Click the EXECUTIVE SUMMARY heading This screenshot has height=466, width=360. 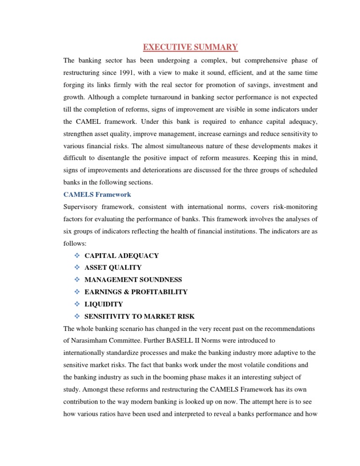[x=190, y=47]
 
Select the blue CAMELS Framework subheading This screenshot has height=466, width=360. [x=97, y=194]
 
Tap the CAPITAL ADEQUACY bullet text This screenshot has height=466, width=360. [x=121, y=256]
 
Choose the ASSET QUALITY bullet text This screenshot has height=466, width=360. [x=113, y=267]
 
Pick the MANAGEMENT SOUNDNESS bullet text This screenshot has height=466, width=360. [x=133, y=279]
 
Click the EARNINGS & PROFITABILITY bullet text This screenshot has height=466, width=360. [x=136, y=292]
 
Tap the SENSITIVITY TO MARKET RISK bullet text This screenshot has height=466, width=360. [x=139, y=316]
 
